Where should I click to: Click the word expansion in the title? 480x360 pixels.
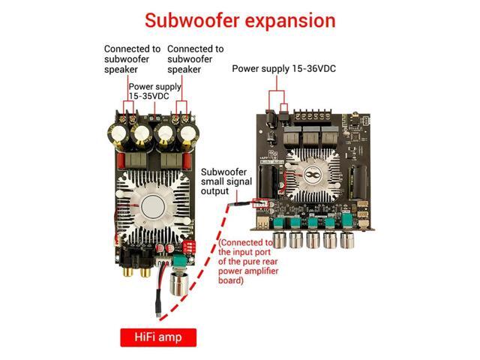(x=288, y=20)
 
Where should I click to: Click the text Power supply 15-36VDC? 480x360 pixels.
(x=283, y=68)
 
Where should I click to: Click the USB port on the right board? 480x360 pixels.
(x=262, y=224)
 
